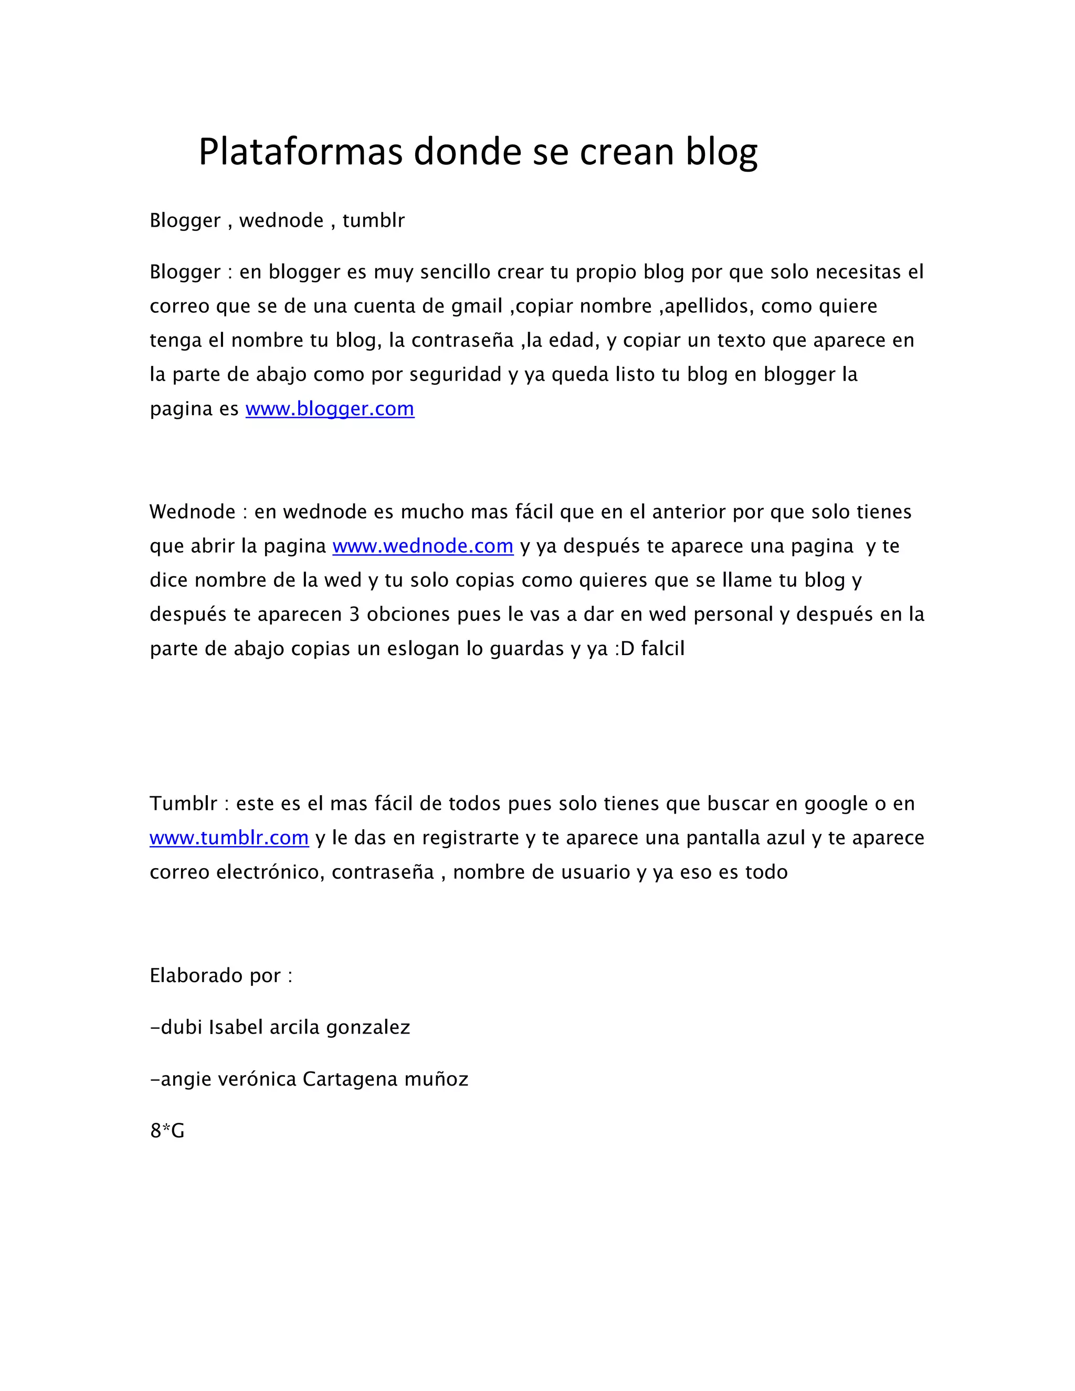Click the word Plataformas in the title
point(301,152)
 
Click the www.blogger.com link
point(330,409)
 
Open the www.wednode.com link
point(423,546)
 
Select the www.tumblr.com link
point(229,838)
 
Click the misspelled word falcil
point(663,649)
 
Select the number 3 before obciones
point(355,615)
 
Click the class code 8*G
point(167,1131)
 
